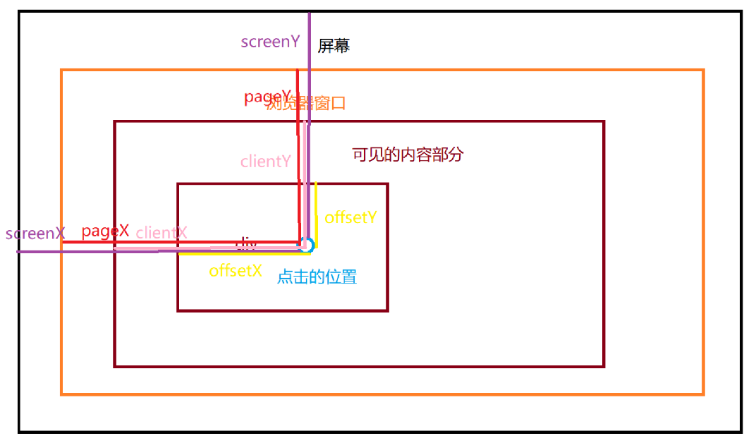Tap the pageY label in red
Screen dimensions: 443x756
[267, 97]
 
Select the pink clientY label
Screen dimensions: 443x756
[265, 162]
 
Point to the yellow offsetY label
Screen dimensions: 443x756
[350, 217]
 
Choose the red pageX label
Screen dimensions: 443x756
[105, 231]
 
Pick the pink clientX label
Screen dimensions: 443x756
[161, 232]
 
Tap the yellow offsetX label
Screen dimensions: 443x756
[236, 270]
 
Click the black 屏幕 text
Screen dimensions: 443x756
[334, 47]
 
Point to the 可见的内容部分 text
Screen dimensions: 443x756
[408, 154]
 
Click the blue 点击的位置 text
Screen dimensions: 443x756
[317, 277]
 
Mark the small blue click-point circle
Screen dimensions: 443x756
[306, 245]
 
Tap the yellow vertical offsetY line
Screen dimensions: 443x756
[316, 212]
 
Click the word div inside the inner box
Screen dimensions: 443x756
[245, 244]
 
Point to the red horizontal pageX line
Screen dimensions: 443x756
[176, 242]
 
